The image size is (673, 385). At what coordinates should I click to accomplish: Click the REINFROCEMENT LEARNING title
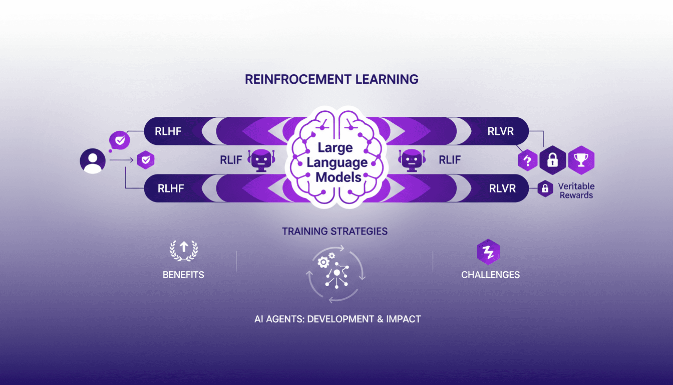331,79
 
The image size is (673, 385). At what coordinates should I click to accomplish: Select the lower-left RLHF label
171,188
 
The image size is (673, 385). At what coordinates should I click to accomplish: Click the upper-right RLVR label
501,132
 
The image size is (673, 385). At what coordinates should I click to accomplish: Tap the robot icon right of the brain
411,160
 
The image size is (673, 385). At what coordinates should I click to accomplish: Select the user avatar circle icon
93,160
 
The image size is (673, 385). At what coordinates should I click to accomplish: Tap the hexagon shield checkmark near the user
145,160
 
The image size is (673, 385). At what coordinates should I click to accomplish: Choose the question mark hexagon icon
527,160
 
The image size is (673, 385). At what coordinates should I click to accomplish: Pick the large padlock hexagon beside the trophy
553,160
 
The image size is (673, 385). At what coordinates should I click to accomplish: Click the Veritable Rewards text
576,190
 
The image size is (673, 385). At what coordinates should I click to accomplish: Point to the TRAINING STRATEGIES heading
334,232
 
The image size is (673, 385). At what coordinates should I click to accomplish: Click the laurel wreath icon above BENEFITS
183,250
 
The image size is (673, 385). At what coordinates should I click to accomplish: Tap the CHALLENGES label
490,275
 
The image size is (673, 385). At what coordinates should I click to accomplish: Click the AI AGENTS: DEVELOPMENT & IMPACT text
338,319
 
